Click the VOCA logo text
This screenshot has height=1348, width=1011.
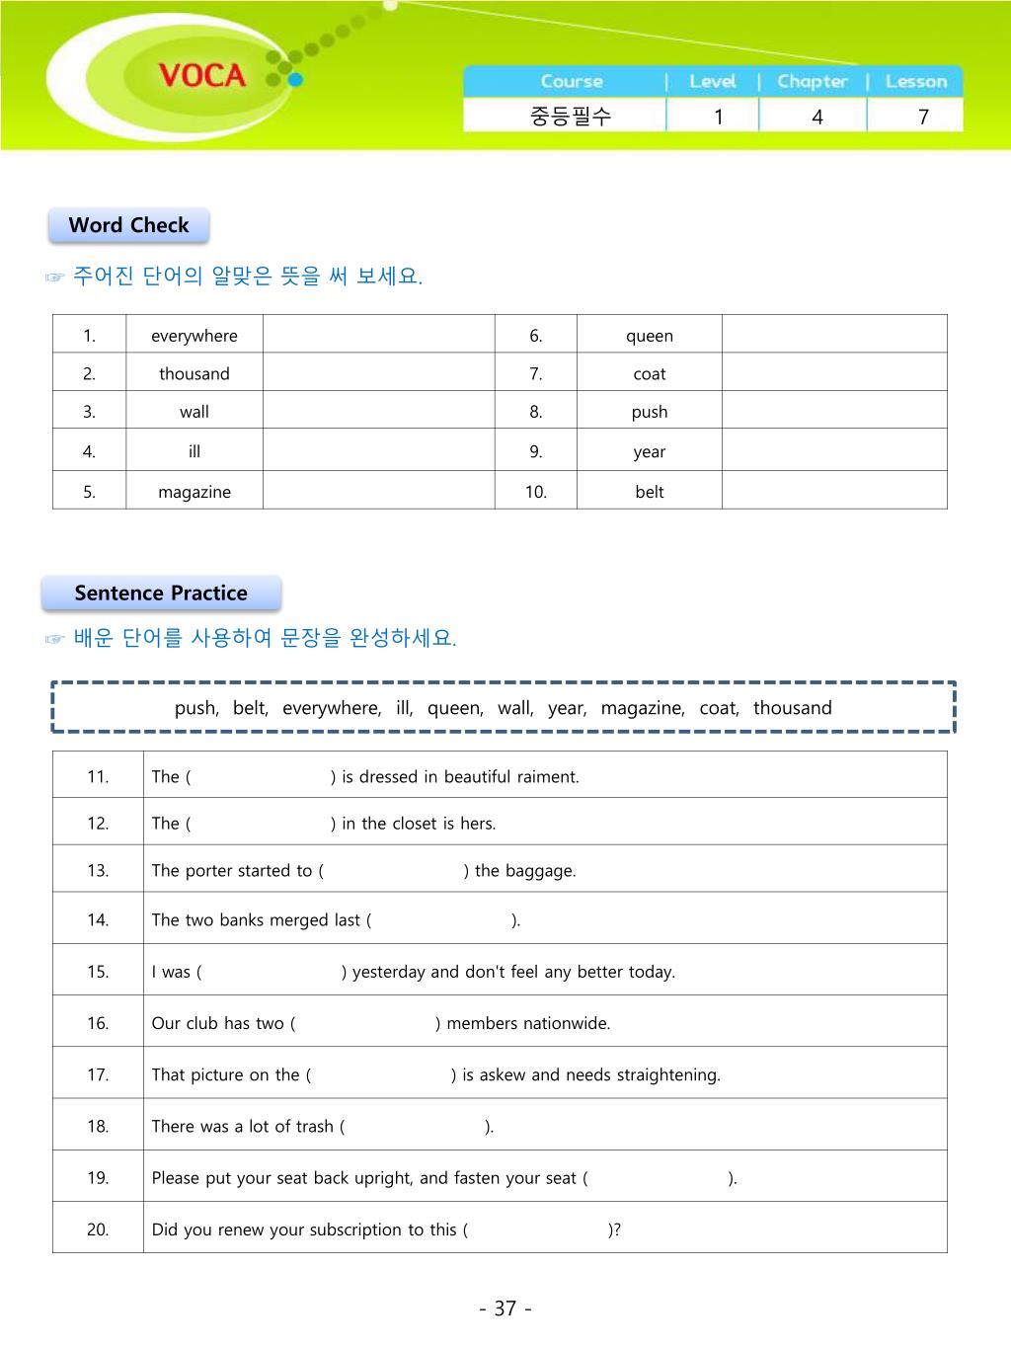click(201, 75)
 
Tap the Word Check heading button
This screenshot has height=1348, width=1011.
click(128, 225)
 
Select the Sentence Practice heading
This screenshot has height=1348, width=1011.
click(161, 594)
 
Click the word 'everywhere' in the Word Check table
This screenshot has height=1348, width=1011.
click(194, 336)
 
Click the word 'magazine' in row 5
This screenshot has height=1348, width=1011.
click(194, 492)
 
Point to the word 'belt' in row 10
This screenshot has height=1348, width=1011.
click(650, 492)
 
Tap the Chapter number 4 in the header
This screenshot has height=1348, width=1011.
click(817, 117)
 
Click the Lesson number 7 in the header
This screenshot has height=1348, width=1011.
click(923, 117)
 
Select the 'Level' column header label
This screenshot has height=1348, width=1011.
click(713, 82)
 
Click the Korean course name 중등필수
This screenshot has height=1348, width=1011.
click(571, 117)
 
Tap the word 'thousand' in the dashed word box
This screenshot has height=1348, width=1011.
click(792, 708)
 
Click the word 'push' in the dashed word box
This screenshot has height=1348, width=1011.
click(195, 708)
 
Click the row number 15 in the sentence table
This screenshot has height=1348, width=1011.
click(98, 972)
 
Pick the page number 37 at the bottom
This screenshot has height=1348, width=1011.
click(505, 1308)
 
